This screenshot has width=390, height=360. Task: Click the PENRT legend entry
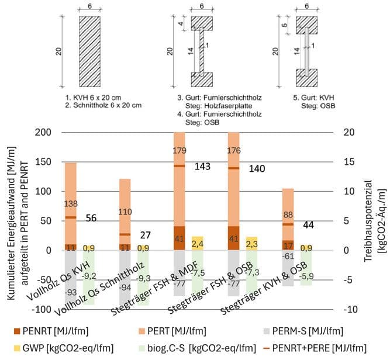coord(51,331)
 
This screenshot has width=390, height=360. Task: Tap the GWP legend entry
coord(64,348)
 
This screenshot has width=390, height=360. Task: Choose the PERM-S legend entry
coord(303,331)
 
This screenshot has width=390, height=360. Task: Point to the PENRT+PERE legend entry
coord(315,348)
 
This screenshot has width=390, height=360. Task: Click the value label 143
coord(202,167)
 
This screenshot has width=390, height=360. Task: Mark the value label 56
coord(91,218)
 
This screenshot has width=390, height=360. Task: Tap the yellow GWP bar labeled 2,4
coord(198,243)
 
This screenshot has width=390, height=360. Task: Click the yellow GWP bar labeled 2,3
coord(251,243)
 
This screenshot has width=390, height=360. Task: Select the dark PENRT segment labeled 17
coord(288,245)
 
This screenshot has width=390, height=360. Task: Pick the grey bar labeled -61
coord(288,268)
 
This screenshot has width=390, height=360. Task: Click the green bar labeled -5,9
coord(306,268)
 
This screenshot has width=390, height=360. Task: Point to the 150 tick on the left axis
coord(43,162)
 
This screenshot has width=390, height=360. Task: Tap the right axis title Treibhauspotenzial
coord(369,221)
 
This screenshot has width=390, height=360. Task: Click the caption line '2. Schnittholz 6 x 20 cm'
coord(103,105)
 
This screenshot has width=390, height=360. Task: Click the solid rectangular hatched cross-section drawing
coord(90,51)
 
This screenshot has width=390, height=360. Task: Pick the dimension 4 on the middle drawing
coord(181,23)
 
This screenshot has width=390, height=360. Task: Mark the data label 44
coord(308,225)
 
